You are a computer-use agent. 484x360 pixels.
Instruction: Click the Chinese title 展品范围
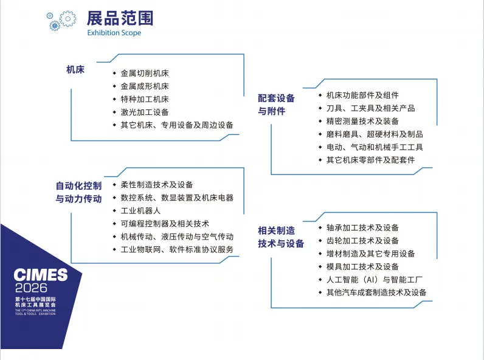point(120,18)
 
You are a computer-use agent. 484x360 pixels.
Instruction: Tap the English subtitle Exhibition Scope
point(114,33)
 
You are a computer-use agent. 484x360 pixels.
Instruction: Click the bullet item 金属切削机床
point(144,74)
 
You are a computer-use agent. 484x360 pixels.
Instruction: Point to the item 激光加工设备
point(144,112)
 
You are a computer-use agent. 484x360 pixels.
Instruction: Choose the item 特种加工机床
point(144,99)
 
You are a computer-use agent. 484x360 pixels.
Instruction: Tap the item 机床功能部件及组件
point(362,95)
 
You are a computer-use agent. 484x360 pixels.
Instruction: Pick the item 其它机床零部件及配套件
point(370,160)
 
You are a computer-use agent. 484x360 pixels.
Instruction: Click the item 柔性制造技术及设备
point(156,185)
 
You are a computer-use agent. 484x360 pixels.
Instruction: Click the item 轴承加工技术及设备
point(362,228)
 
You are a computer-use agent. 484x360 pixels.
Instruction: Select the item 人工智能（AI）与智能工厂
point(374,280)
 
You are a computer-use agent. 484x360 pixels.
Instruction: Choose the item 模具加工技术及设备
point(362,267)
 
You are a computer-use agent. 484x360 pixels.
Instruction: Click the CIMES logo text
point(41,275)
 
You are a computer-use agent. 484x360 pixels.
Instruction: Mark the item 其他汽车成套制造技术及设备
point(376,292)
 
